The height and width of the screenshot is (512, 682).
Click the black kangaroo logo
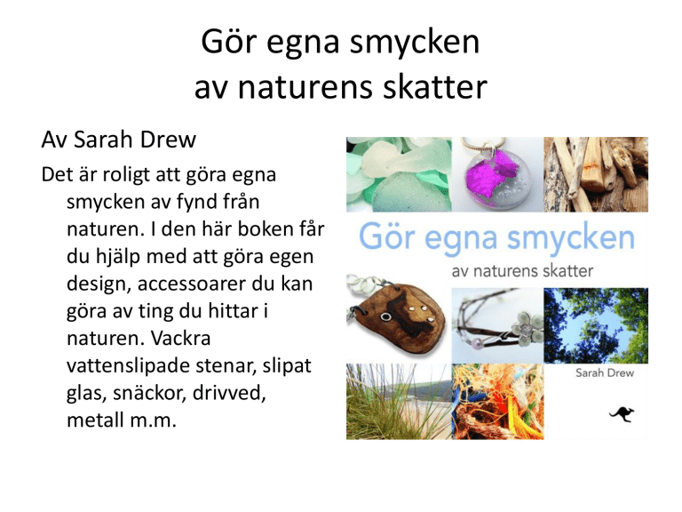tap(622, 414)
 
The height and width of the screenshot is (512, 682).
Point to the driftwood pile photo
tap(596, 174)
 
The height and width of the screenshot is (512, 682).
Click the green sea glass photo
tap(399, 174)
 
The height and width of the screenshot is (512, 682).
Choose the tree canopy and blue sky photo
tap(596, 325)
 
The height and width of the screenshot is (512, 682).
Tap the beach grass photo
tap(399, 402)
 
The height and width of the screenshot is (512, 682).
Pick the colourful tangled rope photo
tap(497, 402)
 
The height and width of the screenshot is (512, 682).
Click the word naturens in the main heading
tap(305, 87)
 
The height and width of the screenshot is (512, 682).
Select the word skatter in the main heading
tap(435, 86)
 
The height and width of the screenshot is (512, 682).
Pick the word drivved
tap(229, 393)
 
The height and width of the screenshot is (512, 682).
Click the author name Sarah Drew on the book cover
tap(605, 373)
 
